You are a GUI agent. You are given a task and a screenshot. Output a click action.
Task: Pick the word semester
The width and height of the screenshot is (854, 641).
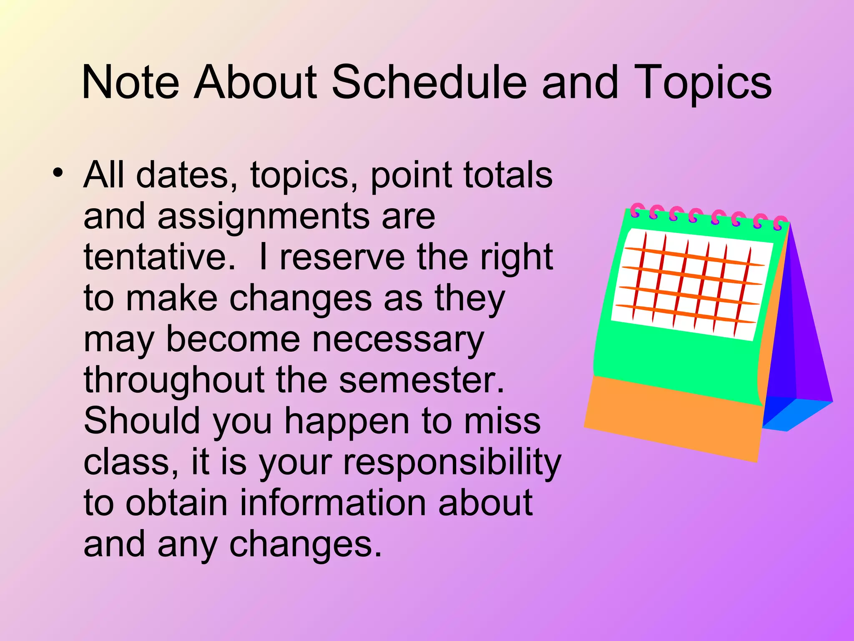421,380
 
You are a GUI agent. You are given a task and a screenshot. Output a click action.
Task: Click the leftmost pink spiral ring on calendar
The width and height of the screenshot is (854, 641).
635,210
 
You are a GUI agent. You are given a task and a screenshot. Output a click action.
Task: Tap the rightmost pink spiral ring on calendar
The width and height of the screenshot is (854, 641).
779,223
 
